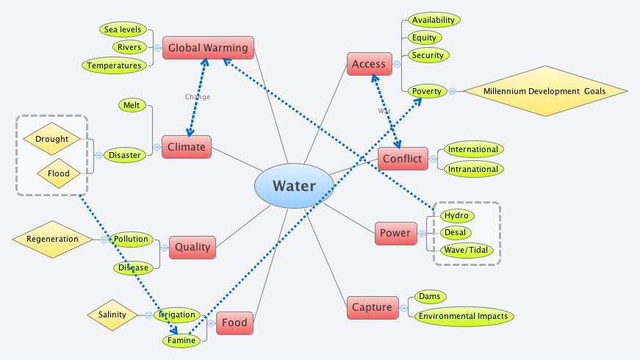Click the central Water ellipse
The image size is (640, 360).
coord(294,186)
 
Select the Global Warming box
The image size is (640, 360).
coord(208,48)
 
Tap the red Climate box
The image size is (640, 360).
coord(186,147)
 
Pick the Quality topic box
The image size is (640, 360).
coord(193,247)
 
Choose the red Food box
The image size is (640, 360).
coord(234,323)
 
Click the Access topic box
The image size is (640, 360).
coord(369,65)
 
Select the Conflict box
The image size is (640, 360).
coord(403,159)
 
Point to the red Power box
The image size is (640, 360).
coord(395,233)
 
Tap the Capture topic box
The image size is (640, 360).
coord(372,307)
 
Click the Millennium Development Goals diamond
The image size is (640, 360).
coord(544,91)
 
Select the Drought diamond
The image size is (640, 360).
coord(51,139)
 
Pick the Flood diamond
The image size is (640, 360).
coord(58,173)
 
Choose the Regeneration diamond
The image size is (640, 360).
coord(52,239)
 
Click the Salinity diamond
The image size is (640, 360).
coord(112,314)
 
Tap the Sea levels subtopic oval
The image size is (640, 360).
coord(123,29)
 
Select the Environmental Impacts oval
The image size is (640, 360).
coord(462,317)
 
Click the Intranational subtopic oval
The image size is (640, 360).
coord(473,169)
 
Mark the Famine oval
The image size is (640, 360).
coord(181,340)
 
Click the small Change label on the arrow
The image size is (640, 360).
coord(197,97)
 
